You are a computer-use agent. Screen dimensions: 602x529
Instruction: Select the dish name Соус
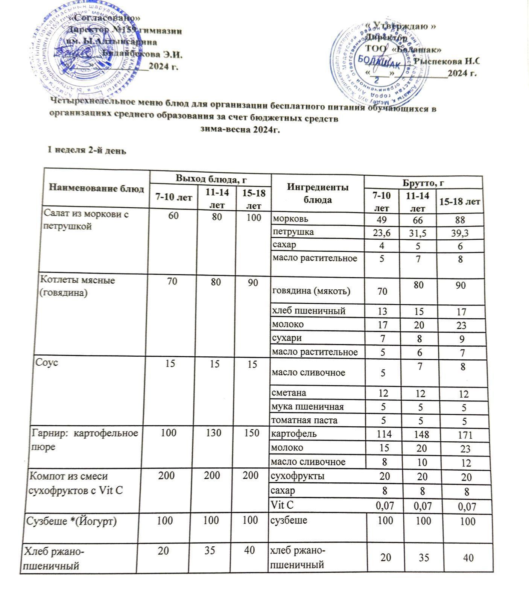coord(47,363)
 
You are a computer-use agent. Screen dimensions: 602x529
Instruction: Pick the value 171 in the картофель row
coord(465,436)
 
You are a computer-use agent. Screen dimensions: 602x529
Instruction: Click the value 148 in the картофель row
coord(421,435)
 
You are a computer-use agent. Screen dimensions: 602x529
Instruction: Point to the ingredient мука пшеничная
coord(308,406)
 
